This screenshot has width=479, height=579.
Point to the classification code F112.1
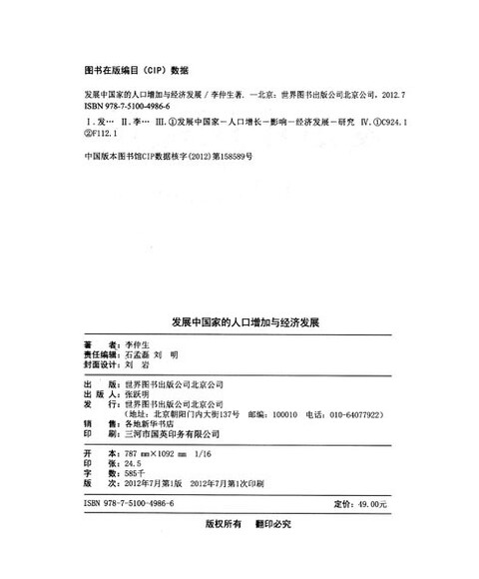point(103,135)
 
